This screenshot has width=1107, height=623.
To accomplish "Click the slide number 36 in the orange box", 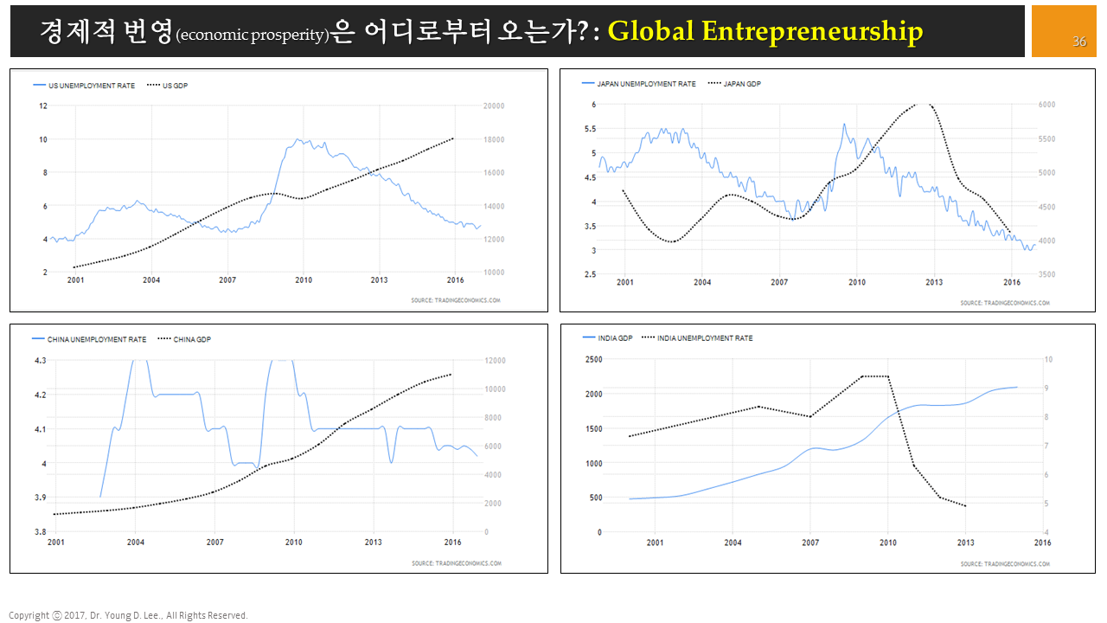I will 1079,42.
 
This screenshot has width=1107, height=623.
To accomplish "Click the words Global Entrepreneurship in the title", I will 765,31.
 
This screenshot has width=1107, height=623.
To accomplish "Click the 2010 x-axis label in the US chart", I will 304,280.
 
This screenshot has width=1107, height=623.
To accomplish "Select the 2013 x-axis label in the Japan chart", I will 934,282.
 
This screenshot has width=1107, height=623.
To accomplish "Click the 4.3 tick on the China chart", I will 40,360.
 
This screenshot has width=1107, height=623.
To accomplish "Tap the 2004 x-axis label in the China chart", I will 135,543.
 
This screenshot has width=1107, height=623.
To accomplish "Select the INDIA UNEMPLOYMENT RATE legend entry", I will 705,338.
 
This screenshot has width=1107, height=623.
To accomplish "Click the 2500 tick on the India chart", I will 593,359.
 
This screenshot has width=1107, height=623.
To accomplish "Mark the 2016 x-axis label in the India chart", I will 1042,543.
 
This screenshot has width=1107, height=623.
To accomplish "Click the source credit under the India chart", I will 1005,564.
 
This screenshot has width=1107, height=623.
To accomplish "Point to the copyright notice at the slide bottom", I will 128,615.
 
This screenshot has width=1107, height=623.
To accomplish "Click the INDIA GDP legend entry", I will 615,338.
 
